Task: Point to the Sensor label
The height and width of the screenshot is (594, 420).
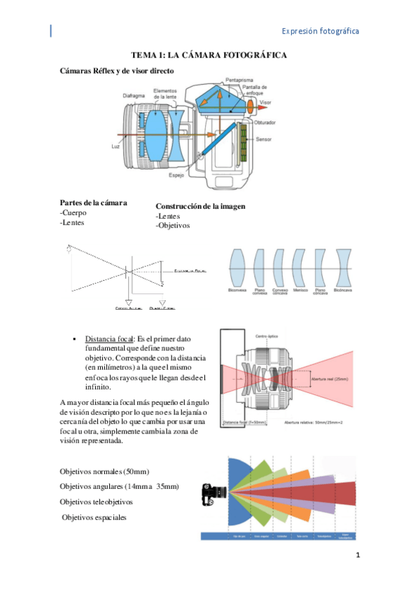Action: click(265, 139)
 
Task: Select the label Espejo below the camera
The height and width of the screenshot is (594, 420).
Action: click(176, 175)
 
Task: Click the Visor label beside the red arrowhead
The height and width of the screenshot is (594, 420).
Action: click(265, 102)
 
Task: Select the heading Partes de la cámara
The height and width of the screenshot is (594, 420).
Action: click(94, 202)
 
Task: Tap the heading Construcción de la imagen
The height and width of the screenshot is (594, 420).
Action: click(200, 207)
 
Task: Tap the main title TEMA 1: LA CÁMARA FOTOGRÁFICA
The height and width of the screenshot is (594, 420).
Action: click(209, 55)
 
